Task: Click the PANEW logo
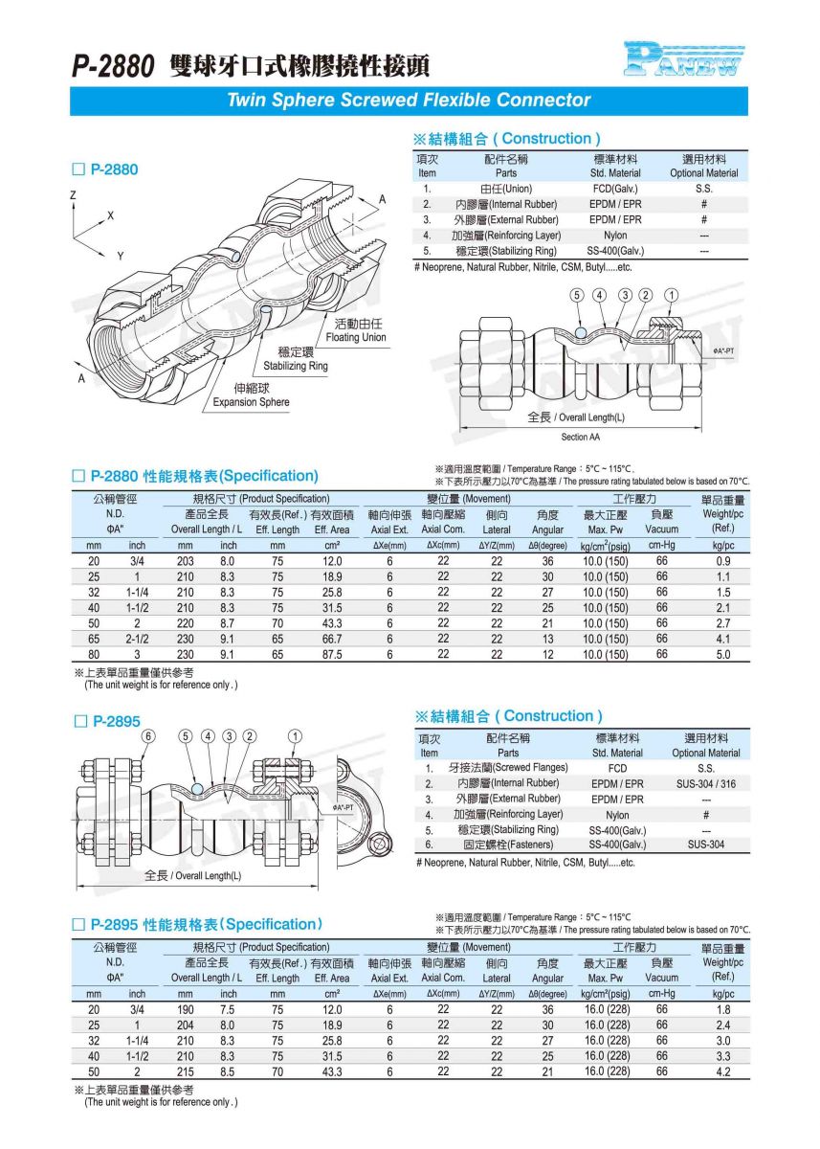coord(683,59)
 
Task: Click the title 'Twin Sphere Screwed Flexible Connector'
coord(409,101)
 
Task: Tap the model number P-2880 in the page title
coord(113,66)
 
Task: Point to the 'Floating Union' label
coord(355,337)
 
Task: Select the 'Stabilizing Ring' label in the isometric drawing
coord(296,366)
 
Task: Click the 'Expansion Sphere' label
coord(251,402)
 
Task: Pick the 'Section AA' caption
coord(582,437)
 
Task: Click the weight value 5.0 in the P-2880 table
coord(723,655)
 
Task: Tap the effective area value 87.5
coord(332,655)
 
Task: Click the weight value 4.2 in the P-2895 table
coord(723,1072)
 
